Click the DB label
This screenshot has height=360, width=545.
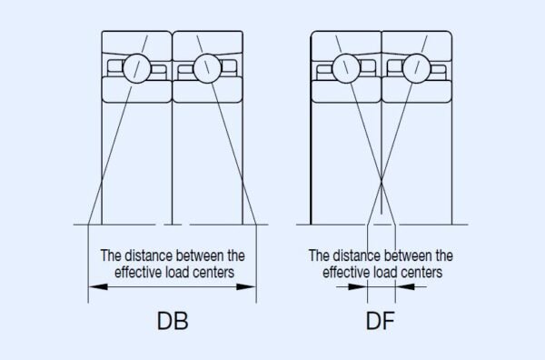pos(173,322)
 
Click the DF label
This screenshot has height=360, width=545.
pos(381,322)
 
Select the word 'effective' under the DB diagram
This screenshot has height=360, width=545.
pos(138,271)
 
